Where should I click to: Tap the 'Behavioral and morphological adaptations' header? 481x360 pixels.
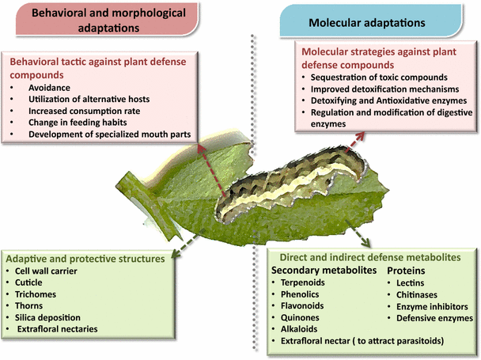click(107, 20)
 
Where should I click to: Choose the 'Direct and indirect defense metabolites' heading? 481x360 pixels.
click(369, 257)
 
